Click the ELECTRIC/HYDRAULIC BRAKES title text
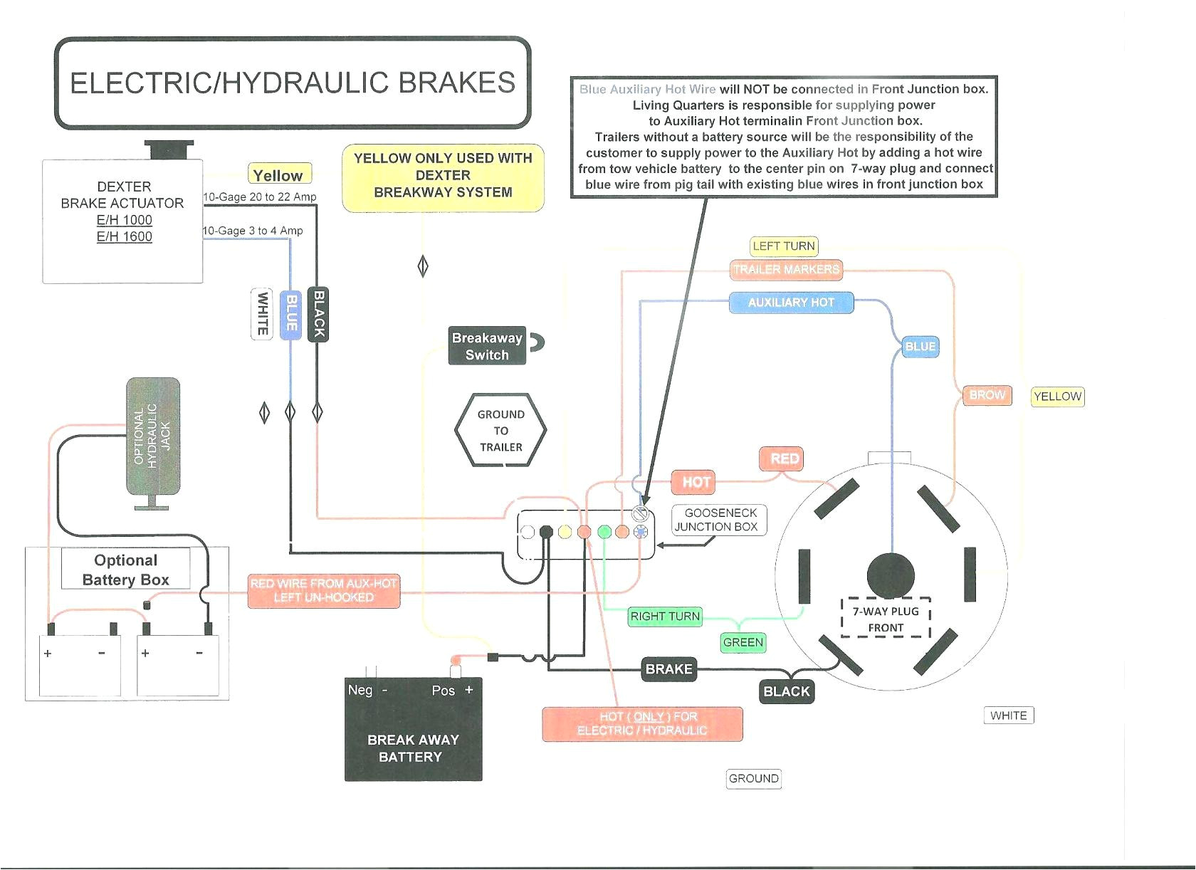(293, 83)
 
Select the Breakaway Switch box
(487, 346)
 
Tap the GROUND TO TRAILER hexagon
(500, 431)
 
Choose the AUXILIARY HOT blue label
(791, 303)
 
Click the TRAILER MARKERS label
(786, 270)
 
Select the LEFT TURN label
(784, 246)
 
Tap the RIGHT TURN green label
(665, 617)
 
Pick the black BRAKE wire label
(668, 669)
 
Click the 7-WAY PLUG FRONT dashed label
(886, 619)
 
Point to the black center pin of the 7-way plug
(891, 575)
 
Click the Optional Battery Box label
(126, 570)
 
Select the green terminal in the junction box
(604, 532)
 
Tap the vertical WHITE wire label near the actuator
(262, 313)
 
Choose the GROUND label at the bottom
(754, 779)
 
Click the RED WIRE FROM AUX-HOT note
(323, 591)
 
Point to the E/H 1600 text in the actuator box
(125, 236)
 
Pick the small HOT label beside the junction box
(696, 482)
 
